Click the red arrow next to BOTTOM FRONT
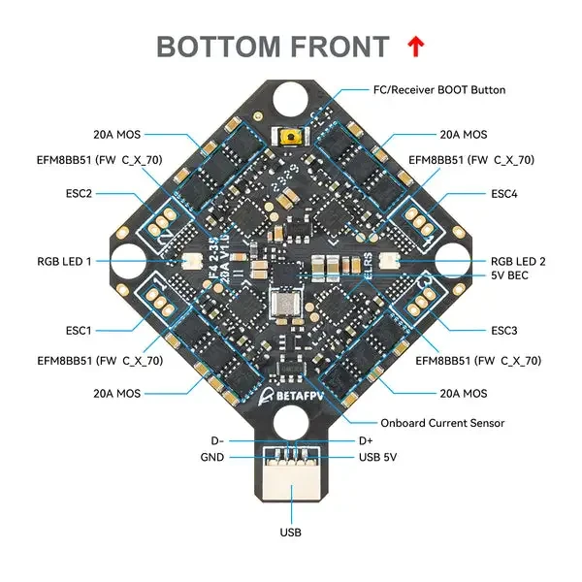tap(415, 46)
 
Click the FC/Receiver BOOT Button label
tap(439, 90)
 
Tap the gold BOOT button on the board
tap(289, 139)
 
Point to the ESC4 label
tap(503, 193)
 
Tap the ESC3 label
tap(503, 330)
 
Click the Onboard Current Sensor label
tap(442, 423)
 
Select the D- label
tap(216, 441)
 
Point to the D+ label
tap(366, 441)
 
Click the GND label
tap(212, 457)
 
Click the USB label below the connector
tap(291, 532)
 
